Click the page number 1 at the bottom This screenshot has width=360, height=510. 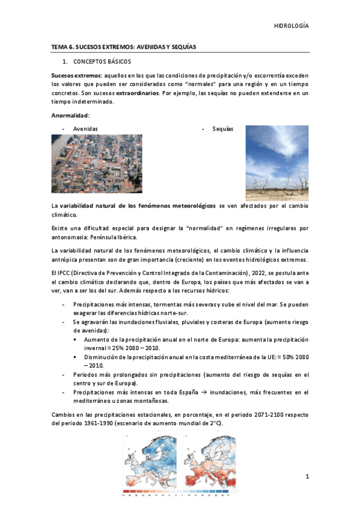coord(307,477)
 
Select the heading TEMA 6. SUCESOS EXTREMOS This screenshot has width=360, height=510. coord(124,46)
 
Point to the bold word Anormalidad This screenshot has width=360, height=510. coord(70,115)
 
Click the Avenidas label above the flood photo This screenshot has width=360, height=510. coord(85,129)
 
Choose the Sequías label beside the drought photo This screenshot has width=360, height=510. coord(224,129)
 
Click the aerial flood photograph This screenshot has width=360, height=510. coord(97,164)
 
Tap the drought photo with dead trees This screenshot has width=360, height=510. coord(277,163)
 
